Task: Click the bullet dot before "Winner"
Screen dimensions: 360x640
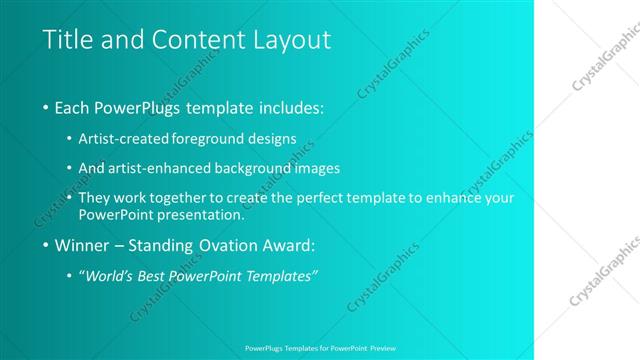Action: click(x=47, y=245)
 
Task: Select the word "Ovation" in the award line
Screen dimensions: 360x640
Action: click(x=233, y=245)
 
